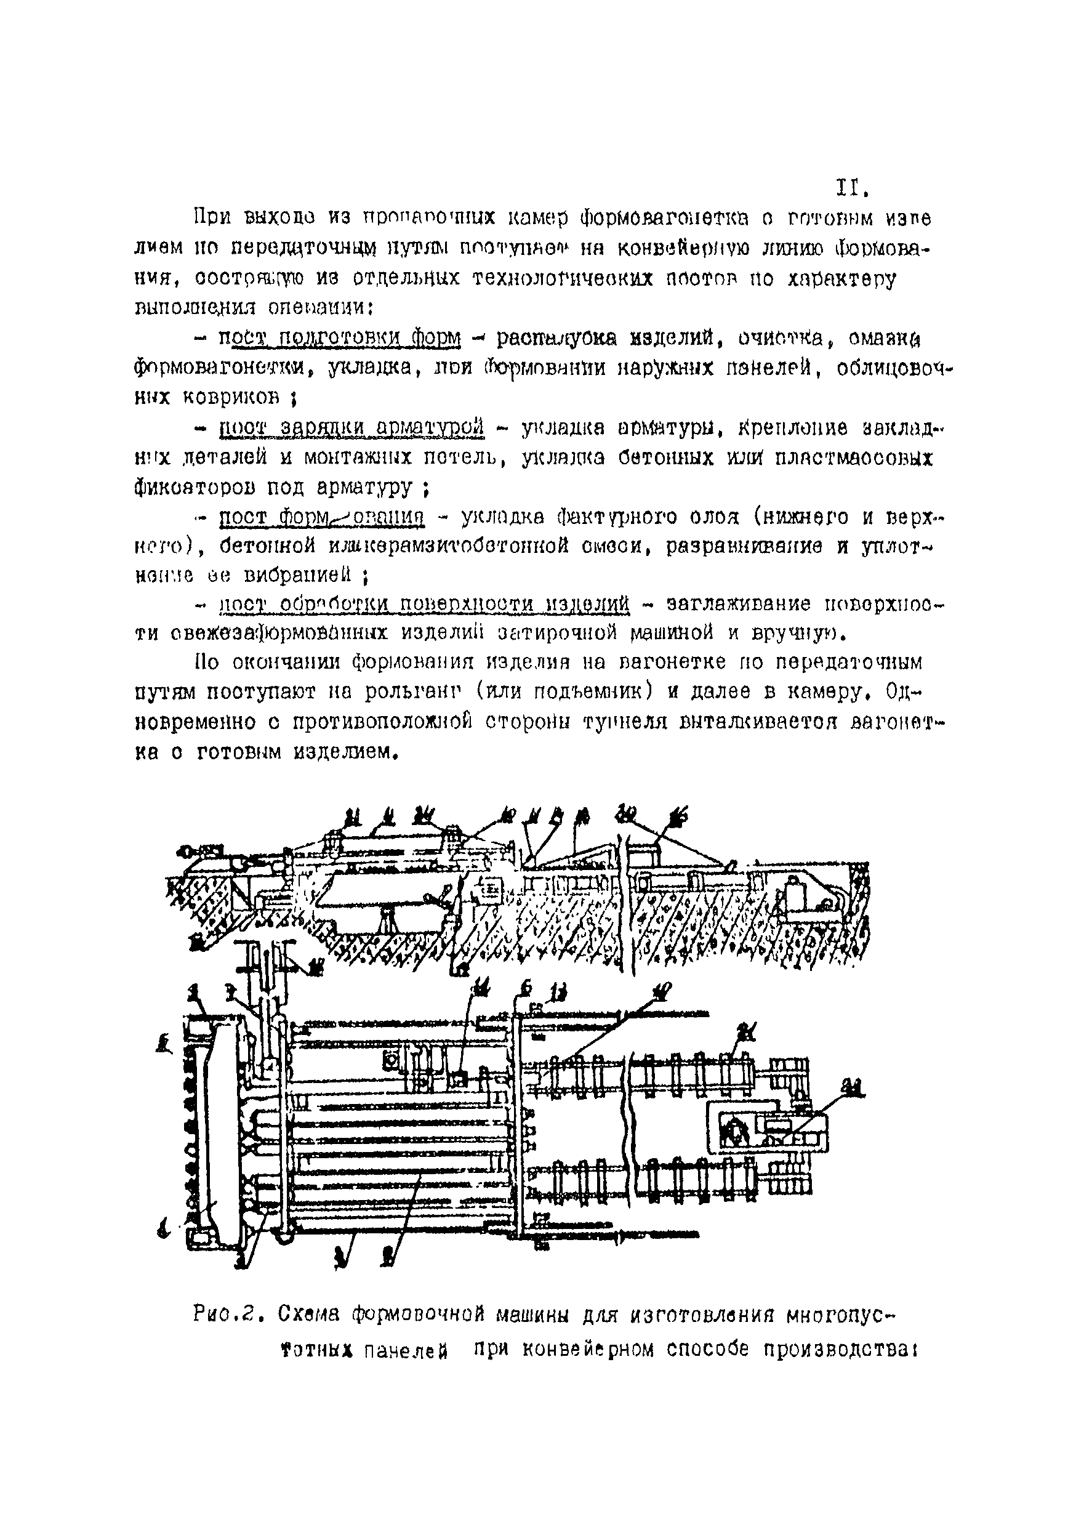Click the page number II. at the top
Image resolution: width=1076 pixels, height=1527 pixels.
pos(851,189)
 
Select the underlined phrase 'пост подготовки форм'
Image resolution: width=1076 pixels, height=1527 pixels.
pos(340,339)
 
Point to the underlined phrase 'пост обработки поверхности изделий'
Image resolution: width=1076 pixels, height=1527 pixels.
pos(424,604)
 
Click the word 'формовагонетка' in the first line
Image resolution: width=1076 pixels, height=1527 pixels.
pos(664,218)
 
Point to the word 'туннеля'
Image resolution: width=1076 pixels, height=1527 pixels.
pos(625,722)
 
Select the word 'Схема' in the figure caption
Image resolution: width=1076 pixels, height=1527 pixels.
pos(309,1314)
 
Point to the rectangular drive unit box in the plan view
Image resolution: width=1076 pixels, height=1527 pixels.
pos(768,1127)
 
